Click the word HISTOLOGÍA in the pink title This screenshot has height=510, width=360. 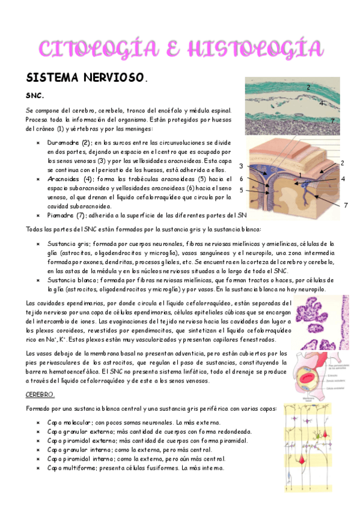(252, 48)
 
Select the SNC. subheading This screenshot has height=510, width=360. (34, 96)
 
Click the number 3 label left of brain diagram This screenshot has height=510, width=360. (241, 166)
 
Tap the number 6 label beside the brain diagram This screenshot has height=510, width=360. (241, 179)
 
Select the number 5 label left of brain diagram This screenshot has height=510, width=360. (241, 190)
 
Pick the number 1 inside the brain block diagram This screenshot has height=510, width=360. (299, 175)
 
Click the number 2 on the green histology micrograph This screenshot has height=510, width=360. (308, 88)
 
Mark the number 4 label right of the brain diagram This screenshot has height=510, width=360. (343, 179)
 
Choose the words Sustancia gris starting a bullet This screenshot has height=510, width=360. (68, 244)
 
